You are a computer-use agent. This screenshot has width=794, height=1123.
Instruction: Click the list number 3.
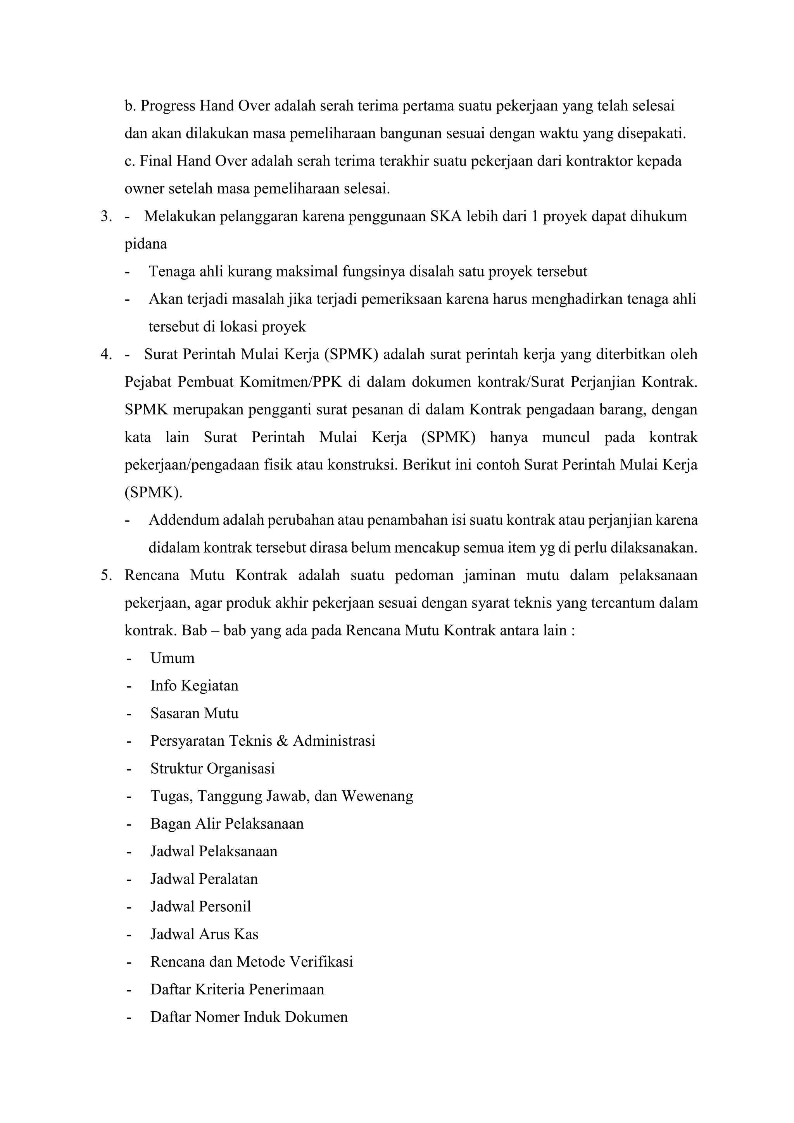click(x=105, y=216)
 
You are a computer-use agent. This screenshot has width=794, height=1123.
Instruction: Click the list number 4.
click(x=105, y=354)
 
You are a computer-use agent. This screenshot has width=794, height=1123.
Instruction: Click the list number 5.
click(x=105, y=575)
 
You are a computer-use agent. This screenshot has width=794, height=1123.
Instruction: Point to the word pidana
click(x=146, y=244)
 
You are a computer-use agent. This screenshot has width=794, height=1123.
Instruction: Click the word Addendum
click(x=184, y=520)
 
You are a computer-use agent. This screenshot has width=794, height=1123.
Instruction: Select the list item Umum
click(x=172, y=658)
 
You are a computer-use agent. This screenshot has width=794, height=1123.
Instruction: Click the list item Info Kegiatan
click(x=194, y=686)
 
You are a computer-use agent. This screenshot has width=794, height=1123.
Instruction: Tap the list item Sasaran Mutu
click(x=194, y=713)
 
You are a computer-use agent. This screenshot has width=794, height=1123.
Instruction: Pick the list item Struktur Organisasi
click(x=212, y=769)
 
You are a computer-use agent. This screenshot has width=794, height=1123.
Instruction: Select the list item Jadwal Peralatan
click(x=204, y=879)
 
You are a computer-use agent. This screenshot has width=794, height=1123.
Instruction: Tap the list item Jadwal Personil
click(x=200, y=906)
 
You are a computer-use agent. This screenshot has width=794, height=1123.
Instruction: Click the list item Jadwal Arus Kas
click(x=204, y=934)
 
